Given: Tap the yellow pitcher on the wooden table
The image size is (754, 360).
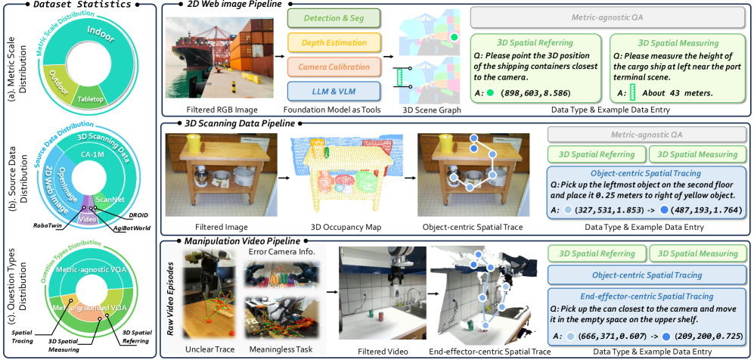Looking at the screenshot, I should click(x=193, y=144).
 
